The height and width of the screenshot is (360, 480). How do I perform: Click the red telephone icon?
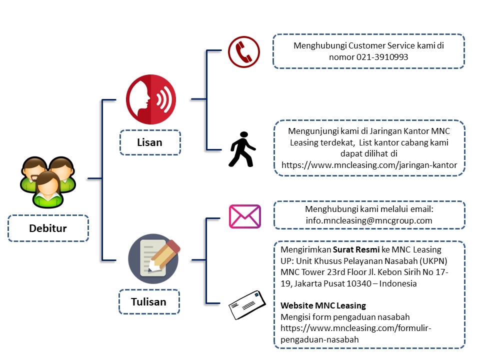coord(243,51)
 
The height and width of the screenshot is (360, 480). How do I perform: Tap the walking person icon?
coord(242,149)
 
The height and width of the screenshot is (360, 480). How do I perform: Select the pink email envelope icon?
coord(245,216)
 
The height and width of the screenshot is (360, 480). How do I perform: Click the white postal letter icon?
coord(247,305)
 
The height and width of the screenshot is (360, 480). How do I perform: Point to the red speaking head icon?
coord(151,99)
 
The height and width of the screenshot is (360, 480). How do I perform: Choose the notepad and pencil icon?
coord(153,258)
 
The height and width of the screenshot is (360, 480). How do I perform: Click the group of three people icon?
coord(48,182)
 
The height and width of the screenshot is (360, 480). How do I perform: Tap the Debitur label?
coord(48,228)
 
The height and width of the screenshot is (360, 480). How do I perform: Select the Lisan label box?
coord(150,142)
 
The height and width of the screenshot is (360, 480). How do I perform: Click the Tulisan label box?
coord(149,302)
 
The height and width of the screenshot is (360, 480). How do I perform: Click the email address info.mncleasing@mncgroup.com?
coord(369,220)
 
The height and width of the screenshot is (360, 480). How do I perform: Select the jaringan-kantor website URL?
coord(369,165)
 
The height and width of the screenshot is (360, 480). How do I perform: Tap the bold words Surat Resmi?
coord(356,249)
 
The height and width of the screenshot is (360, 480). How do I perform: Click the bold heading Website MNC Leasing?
coord(323,305)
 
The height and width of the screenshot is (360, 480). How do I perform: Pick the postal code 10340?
coord(359,284)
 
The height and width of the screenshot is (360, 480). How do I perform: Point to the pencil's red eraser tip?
coord(173,245)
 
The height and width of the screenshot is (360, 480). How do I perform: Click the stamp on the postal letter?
coord(256,294)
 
